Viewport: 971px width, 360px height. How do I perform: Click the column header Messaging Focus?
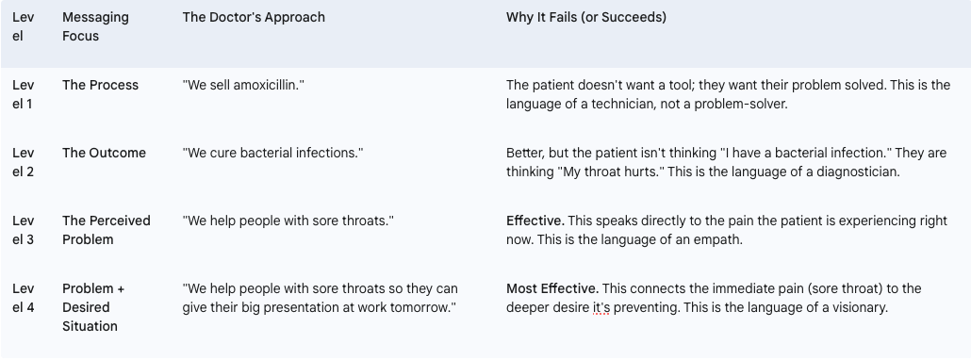pyautogui.click(x=95, y=26)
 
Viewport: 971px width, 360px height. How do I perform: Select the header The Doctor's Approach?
pyautogui.click(x=254, y=17)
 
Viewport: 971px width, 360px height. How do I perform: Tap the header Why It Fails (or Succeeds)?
pyautogui.click(x=586, y=17)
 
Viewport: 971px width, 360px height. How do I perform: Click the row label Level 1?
pyautogui.click(x=23, y=94)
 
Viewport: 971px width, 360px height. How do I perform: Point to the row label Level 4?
pyautogui.click(x=23, y=298)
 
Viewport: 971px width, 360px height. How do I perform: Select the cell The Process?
pyautogui.click(x=100, y=86)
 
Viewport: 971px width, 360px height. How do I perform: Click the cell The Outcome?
pyautogui.click(x=104, y=154)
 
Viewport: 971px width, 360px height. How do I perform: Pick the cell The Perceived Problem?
pyautogui.click(x=106, y=230)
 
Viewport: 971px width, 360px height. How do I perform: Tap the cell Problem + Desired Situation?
pyautogui.click(x=93, y=307)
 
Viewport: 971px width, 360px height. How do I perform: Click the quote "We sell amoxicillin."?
pyautogui.click(x=243, y=86)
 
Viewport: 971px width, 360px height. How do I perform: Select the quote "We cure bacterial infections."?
pyautogui.click(x=272, y=154)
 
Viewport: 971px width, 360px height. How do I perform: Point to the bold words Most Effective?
pyautogui.click(x=552, y=289)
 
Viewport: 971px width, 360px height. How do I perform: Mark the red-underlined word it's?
pyautogui.click(x=601, y=307)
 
